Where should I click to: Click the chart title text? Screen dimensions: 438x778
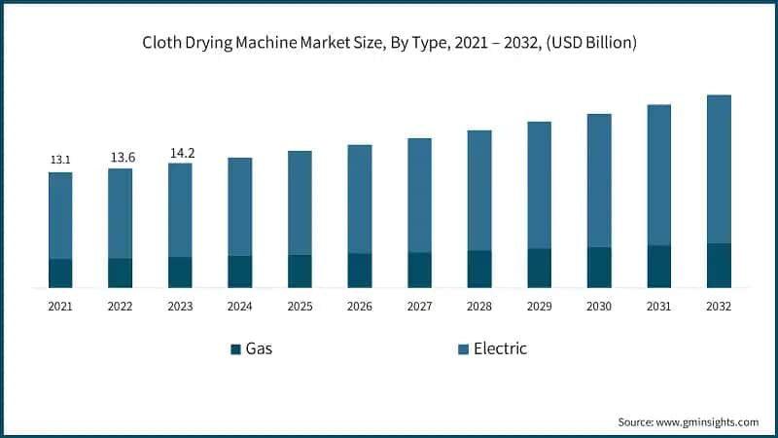389,43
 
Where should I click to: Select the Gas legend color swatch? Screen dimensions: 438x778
235,348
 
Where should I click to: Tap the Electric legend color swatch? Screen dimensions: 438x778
462,348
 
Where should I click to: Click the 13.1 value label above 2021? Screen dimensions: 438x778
60,160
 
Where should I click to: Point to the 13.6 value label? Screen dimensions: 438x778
121,157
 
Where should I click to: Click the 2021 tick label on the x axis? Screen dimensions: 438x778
60,306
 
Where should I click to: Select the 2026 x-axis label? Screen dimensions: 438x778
360,306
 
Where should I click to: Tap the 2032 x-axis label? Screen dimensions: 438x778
719,306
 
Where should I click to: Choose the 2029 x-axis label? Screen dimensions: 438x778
540,306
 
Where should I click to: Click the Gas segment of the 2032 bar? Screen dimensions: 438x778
719,265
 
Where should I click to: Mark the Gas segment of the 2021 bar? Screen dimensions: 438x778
60,274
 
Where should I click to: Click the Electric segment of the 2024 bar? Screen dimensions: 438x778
240,206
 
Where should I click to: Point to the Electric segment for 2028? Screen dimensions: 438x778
479,190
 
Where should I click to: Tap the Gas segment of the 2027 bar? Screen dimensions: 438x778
420,270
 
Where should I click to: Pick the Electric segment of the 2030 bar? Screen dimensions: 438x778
599,180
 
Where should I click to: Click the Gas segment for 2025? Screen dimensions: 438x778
300,271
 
